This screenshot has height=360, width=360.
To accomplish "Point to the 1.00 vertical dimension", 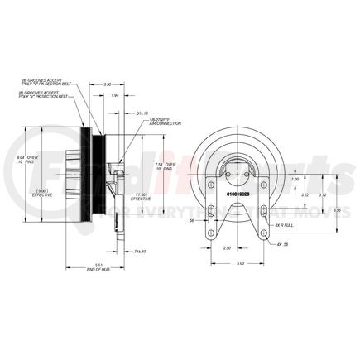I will [x=295, y=180].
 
